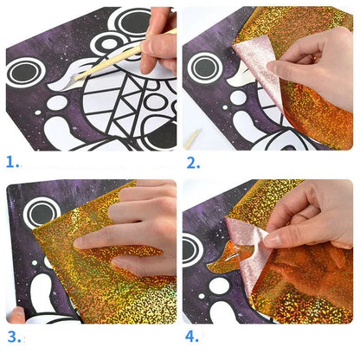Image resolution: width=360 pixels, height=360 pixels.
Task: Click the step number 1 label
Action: [10, 162]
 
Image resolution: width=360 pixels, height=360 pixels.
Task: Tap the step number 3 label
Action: [11, 337]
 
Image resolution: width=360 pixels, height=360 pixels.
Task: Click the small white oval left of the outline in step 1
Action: [57, 103]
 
